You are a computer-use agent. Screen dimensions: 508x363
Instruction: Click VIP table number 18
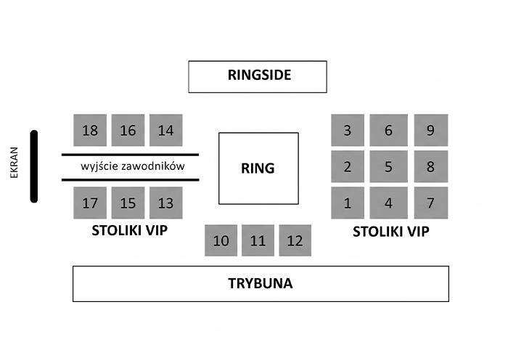point(90,130)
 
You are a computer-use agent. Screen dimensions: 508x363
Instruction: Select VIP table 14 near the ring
point(166,130)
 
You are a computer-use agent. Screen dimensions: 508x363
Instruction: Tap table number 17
point(90,203)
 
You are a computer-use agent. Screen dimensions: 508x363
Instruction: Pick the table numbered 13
point(166,203)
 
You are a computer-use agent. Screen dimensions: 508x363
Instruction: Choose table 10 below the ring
point(221,240)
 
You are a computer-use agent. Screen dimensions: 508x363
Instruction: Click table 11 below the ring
point(258,240)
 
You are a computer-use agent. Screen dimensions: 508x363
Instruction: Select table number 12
point(295,240)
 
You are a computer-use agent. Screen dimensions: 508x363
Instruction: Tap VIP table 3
point(348,130)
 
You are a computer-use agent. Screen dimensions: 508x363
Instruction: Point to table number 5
point(389,166)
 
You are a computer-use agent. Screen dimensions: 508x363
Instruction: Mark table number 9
point(431,130)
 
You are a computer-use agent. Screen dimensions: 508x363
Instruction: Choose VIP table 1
point(348,203)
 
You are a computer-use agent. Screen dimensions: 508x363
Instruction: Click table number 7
point(431,203)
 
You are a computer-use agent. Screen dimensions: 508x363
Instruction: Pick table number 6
point(389,130)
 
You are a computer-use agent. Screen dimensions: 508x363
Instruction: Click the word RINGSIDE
point(260,75)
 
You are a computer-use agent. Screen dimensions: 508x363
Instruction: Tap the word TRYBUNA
point(261,283)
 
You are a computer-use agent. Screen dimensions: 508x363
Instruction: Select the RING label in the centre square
point(258,168)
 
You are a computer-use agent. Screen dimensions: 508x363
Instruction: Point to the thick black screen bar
point(34,166)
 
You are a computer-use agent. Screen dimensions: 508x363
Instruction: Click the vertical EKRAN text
point(15,163)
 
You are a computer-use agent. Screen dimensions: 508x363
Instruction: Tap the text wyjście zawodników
point(133,166)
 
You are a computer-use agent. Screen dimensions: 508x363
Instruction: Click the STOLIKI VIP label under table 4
point(391,232)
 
